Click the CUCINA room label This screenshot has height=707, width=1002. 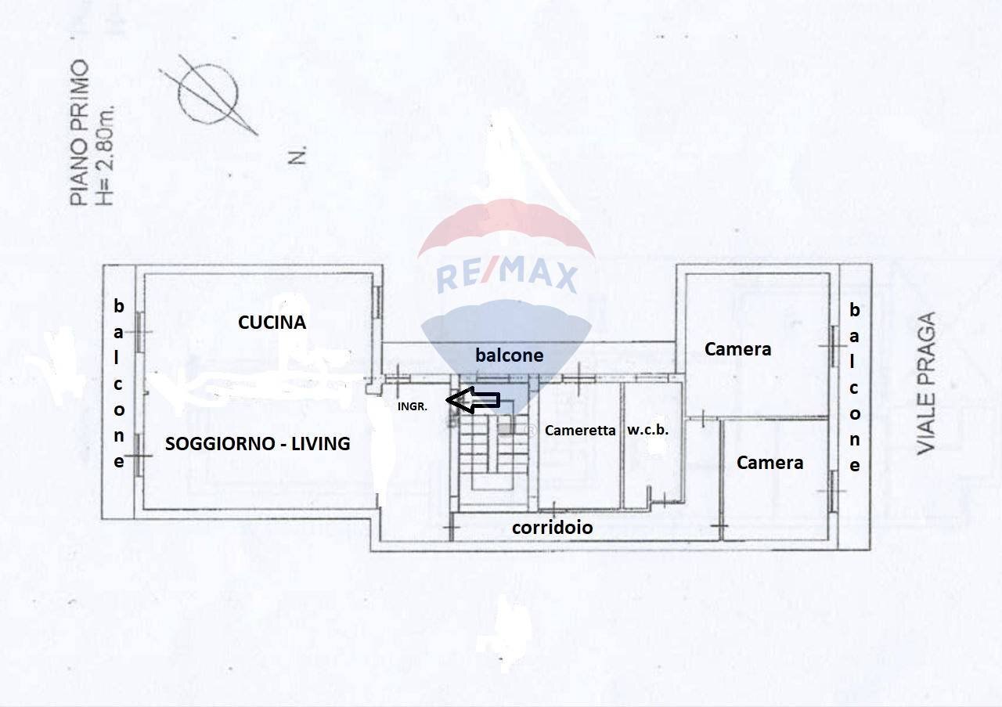272,322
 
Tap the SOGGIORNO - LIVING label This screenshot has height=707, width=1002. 258,444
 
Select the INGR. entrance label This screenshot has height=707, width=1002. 412,406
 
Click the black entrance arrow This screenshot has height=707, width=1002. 476,400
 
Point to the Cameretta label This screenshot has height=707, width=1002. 580,430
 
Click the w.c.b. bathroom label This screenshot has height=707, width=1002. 647,429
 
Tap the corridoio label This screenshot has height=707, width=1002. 552,528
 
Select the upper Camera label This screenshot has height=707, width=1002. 737,349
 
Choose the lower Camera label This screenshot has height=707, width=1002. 770,463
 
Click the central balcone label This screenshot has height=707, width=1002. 509,355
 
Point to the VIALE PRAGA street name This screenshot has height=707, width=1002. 927,383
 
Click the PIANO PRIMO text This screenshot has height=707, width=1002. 80,133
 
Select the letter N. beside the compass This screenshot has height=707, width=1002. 297,157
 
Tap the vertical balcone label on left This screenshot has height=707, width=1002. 119,383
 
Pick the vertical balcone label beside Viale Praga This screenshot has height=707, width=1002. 854,388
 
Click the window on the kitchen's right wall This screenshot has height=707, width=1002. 377,301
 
